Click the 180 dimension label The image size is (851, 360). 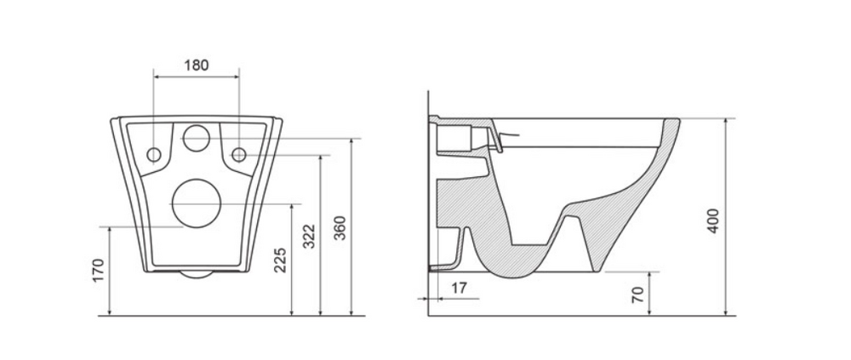197,66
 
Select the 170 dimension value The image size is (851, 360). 98,271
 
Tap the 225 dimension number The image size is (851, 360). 280,260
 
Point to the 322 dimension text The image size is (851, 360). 309,236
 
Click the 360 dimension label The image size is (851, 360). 340,228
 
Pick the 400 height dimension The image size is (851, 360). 714,220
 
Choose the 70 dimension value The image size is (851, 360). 639,294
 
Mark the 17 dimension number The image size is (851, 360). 459,288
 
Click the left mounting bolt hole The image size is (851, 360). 154,155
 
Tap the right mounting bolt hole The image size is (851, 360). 239,155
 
